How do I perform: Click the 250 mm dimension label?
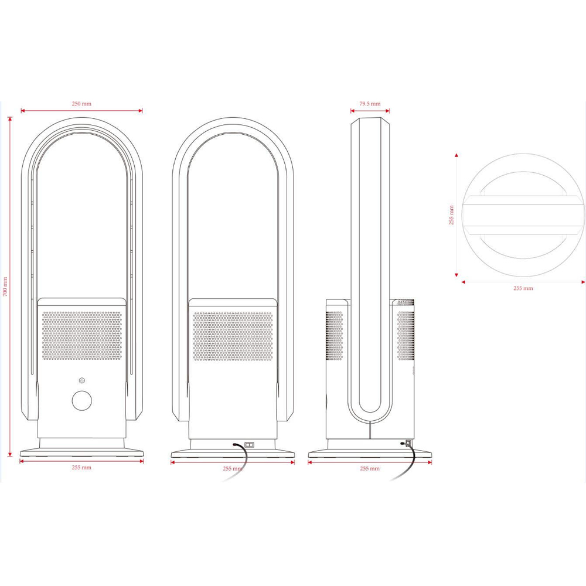81,104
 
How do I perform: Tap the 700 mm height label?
5,287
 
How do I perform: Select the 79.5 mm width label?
370,104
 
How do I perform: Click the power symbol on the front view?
82,381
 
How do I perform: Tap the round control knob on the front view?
82,401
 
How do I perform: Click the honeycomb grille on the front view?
82,336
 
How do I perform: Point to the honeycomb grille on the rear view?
233,336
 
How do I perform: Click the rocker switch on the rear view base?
249,445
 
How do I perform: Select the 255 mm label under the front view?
81,468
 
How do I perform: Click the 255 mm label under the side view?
370,469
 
